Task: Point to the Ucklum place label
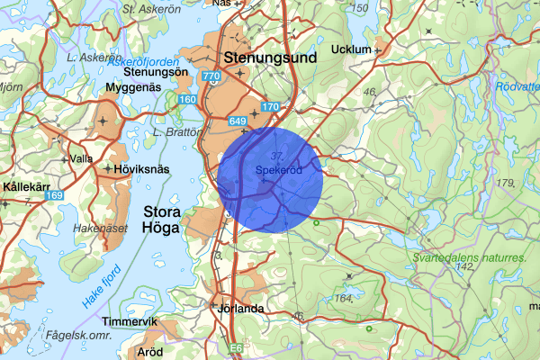pyautogui.click(x=351, y=49)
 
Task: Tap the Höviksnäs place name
pyautogui.click(x=141, y=168)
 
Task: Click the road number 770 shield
pyautogui.click(x=211, y=78)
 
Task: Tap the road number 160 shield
pyautogui.click(x=187, y=99)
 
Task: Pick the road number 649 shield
pyautogui.click(x=238, y=120)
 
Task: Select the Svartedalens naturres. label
pyautogui.click(x=469, y=257)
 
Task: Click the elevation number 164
pyautogui.click(x=343, y=298)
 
